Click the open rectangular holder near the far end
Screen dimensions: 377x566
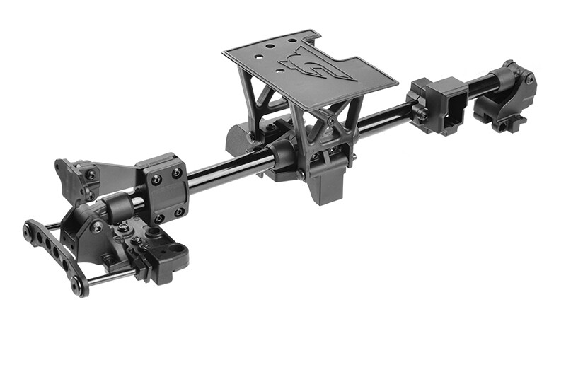pyautogui.click(x=440, y=104)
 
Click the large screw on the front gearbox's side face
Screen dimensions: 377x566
pyautogui.click(x=96, y=226)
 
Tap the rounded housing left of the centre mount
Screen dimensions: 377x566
pyautogui.click(x=241, y=138)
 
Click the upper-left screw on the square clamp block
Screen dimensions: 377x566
pyautogui.click(x=155, y=180)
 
